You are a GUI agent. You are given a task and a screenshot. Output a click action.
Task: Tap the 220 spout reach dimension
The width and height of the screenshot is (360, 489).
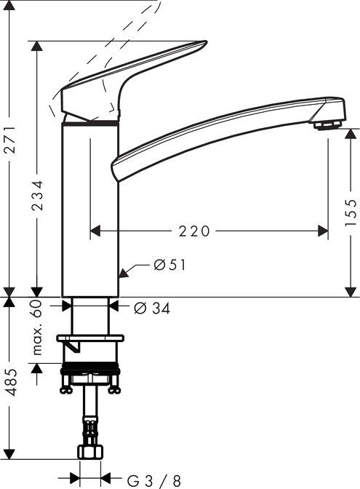point(194,231)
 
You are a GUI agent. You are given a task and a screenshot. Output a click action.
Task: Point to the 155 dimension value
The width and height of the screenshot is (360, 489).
point(350,212)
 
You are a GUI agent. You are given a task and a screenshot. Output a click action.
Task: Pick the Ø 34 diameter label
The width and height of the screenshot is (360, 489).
point(152,309)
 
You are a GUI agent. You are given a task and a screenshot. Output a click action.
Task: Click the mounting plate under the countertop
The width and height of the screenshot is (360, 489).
point(91,338)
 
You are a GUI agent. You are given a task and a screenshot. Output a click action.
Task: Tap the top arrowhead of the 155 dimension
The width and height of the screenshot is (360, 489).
point(351,135)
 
